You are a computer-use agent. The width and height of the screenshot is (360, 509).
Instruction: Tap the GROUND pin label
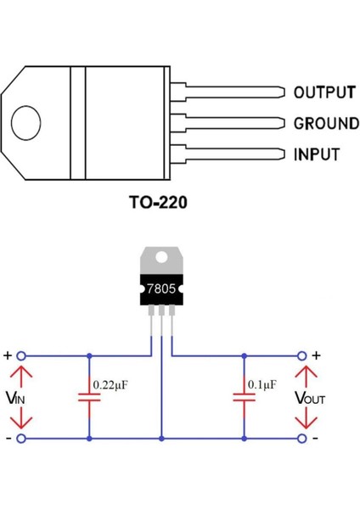pos(325,124)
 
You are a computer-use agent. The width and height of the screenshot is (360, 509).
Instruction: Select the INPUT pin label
pos(316,155)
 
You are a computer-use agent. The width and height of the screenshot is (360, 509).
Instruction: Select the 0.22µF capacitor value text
pos(111,384)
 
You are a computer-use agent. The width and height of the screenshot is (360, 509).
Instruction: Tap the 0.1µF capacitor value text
pos(262,384)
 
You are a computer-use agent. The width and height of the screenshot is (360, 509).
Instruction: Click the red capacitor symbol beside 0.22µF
pos(88,397)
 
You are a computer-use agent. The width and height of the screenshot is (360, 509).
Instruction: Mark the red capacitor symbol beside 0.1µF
pos(244,397)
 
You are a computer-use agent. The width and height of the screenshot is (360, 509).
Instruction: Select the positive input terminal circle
pos(22,356)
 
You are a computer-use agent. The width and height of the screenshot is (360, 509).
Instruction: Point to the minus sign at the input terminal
pos(8,439)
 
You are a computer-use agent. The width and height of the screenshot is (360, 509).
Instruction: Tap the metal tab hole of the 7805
pos(161,255)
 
